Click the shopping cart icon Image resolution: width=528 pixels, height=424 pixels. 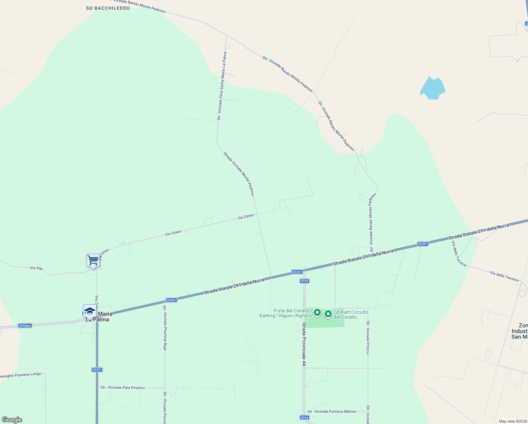tap(93, 261)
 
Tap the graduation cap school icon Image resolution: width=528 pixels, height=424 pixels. tap(90, 311)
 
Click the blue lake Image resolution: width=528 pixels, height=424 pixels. tap(432, 88)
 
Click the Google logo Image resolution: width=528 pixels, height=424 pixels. tap(12, 420)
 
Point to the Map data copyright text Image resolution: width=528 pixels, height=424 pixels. tap(513, 421)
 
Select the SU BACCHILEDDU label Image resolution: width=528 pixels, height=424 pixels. tap(108, 8)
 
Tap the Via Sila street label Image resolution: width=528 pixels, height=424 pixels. tap(36, 268)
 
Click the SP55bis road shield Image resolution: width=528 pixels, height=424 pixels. tap(25, 326)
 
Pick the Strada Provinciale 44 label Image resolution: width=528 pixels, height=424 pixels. tap(304, 343)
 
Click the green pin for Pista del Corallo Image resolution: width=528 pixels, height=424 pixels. tap(317, 313)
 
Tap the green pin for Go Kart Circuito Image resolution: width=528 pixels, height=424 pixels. tap(328, 314)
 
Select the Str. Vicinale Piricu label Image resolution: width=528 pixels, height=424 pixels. tap(368, 337)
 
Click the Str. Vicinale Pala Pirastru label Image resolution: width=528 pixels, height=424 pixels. tap(122, 388)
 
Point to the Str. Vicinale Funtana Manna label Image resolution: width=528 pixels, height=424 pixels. tap(331, 411)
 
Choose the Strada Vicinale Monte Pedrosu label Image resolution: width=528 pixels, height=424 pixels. tap(239, 174)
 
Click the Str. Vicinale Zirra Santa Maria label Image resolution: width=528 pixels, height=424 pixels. tap(221, 86)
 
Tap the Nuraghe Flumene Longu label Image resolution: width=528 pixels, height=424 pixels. tap(20, 375)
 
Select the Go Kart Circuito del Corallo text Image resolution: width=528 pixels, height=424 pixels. tap(350, 314)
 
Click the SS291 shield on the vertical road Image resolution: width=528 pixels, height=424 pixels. tap(97, 370)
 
